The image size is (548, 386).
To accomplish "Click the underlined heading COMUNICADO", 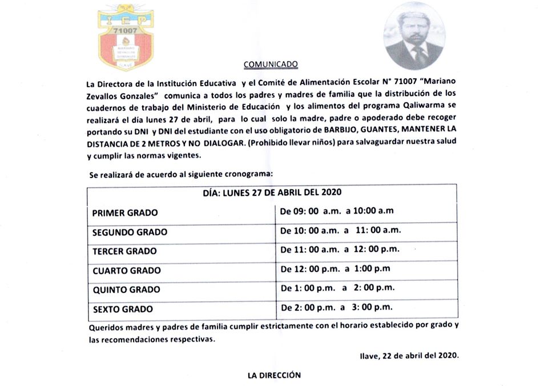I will (271, 64).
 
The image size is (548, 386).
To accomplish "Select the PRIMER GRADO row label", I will (125, 213).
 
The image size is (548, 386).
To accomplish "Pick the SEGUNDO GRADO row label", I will (130, 232).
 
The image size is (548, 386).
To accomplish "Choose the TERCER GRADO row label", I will (124, 251).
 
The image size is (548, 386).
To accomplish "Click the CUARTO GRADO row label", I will (126, 271).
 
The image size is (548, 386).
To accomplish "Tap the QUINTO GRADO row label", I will (126, 290).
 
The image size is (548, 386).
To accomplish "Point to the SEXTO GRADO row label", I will (122, 309).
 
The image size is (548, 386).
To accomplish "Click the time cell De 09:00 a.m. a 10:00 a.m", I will (336, 211).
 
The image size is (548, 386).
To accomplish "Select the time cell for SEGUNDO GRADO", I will (340, 230).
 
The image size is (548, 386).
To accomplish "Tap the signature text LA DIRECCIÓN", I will (274, 375).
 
